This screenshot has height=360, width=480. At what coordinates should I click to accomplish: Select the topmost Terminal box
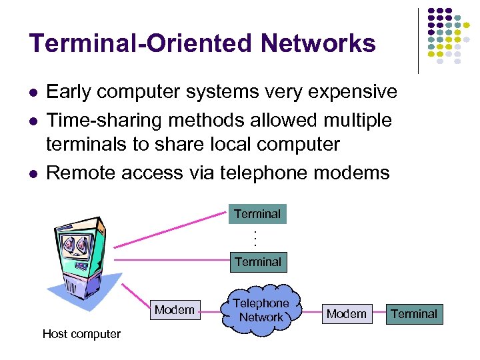(x=257, y=214)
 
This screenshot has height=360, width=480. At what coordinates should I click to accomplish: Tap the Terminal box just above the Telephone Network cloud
(x=257, y=262)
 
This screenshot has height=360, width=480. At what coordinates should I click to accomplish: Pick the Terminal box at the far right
(x=414, y=313)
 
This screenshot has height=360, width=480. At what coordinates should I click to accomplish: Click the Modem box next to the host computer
(x=175, y=309)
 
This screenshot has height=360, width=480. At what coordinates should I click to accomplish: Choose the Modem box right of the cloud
(x=347, y=313)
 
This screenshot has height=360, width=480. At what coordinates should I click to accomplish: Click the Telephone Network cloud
(x=261, y=310)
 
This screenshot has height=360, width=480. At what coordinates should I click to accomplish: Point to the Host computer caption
(x=81, y=334)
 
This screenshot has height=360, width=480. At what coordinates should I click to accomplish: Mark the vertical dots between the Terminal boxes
(x=255, y=238)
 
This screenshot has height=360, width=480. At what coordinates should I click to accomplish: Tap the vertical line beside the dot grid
(x=418, y=40)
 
